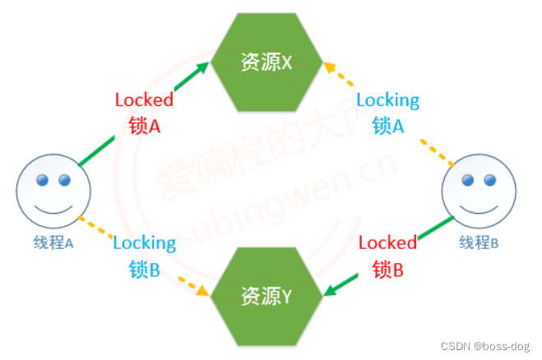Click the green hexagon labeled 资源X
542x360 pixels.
coord(266,62)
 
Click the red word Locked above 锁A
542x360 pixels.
coord(144,100)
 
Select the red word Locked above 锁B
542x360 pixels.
coord(387,242)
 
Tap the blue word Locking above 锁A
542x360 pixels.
coord(387,100)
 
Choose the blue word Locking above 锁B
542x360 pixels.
coord(144,242)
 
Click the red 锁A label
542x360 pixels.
coord(144,126)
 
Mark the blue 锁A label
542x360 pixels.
coord(388,126)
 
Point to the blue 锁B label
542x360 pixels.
coord(144,269)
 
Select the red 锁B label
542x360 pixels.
coord(387,269)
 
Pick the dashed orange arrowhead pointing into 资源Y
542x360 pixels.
coord(202,291)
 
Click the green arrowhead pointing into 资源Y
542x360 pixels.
coord(330,290)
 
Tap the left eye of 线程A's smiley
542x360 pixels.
coord(42,179)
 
